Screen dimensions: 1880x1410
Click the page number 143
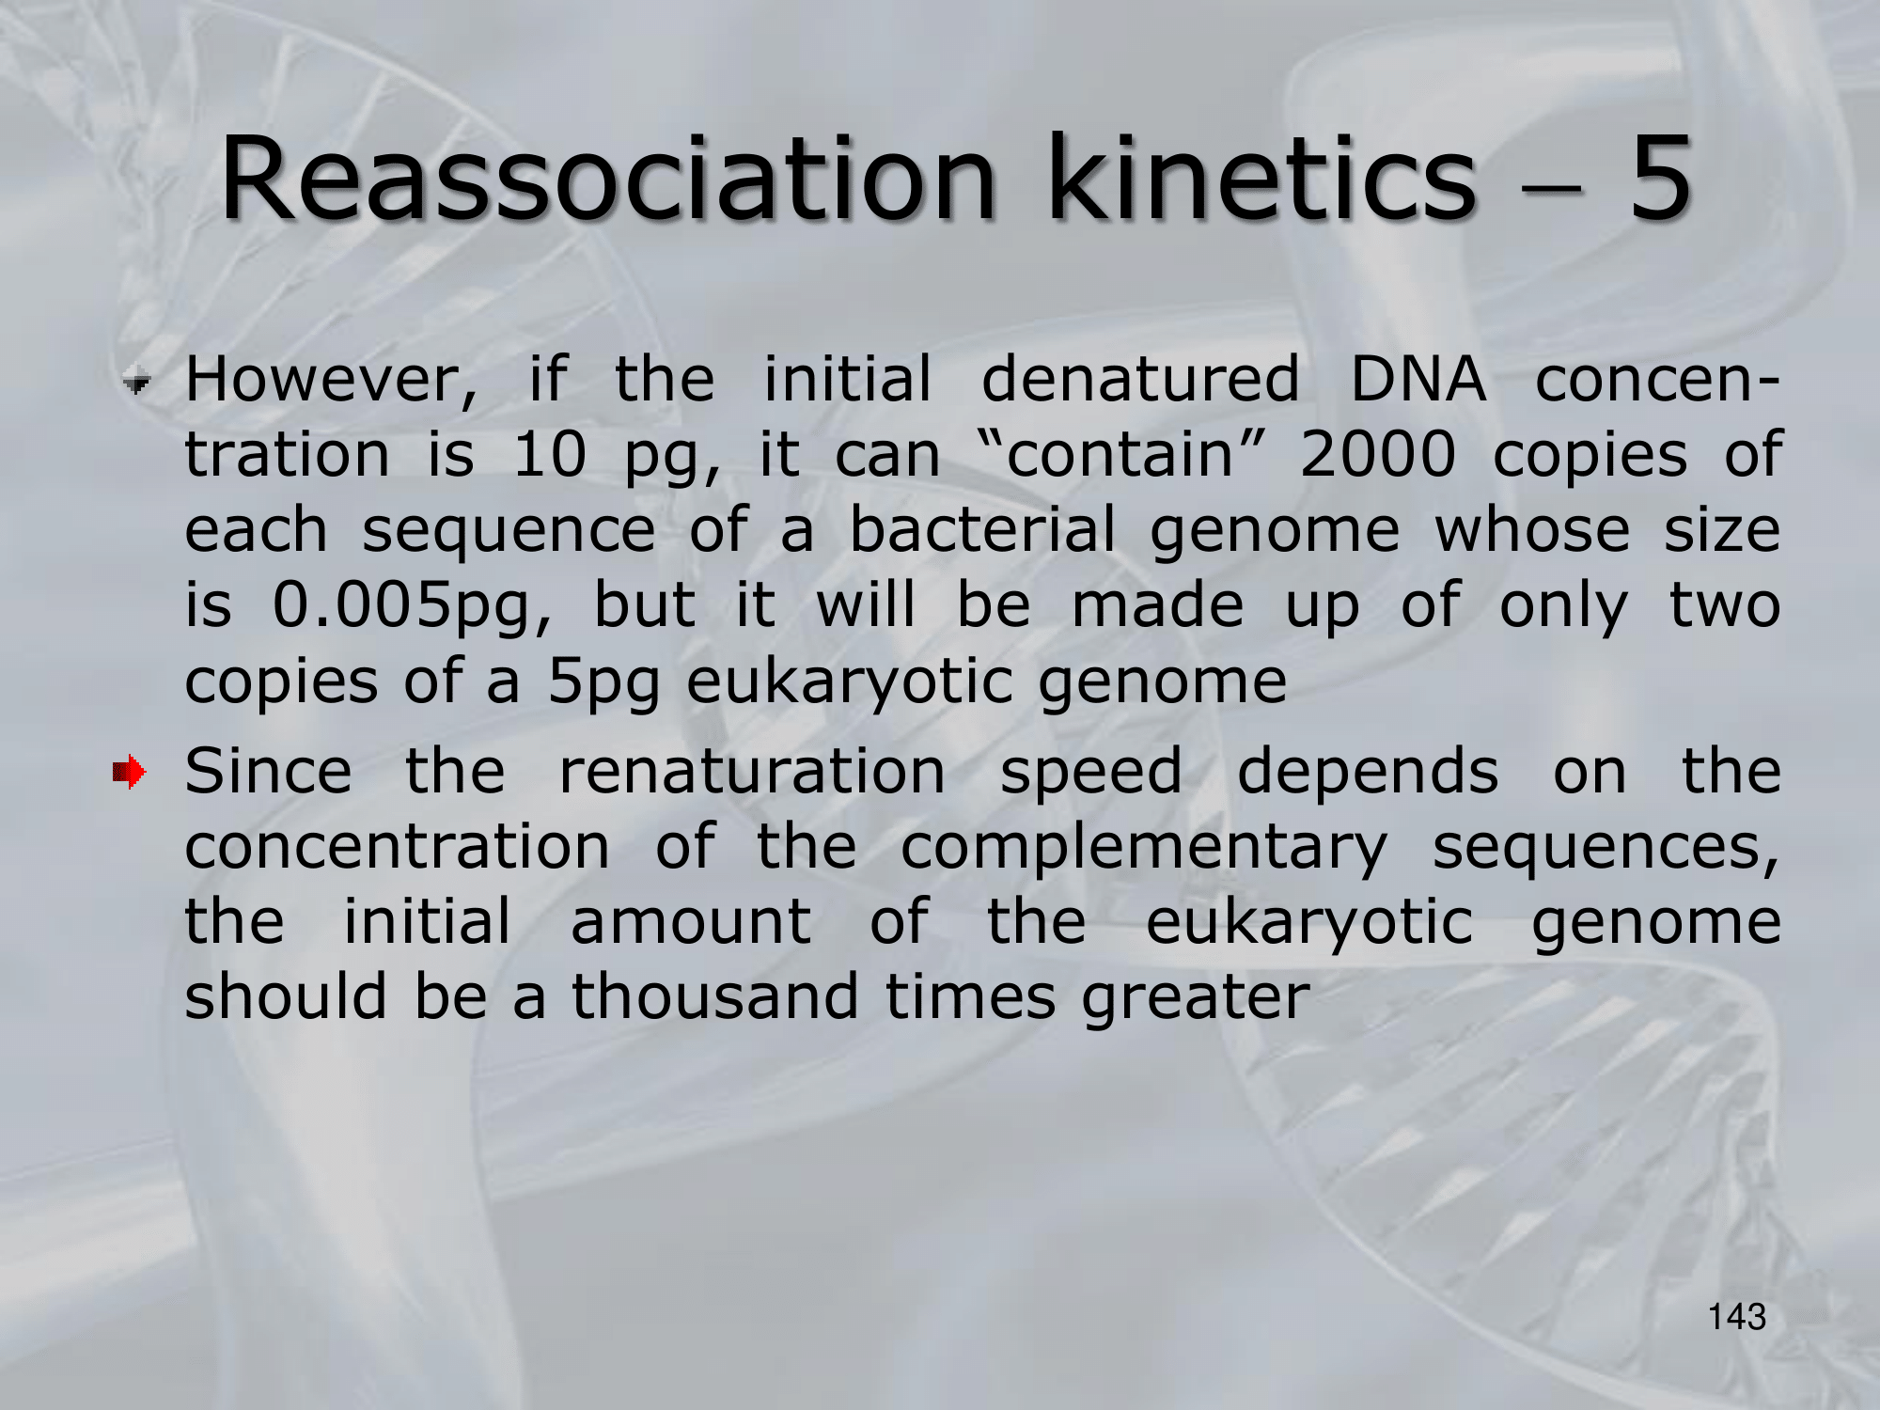coord(1737,1317)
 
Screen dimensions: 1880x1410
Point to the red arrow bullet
coord(129,774)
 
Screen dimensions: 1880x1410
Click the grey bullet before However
coord(137,383)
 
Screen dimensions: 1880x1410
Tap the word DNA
coord(1418,380)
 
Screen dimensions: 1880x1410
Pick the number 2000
coord(1378,455)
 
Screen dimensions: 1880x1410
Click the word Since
coord(269,771)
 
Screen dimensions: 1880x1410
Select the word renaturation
coord(752,772)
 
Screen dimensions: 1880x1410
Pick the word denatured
coord(1140,380)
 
